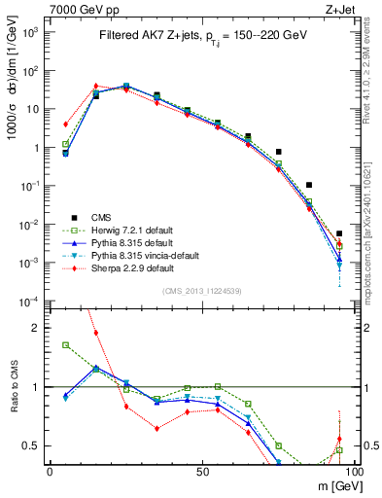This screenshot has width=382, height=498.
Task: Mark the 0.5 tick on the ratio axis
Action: click(x=34, y=445)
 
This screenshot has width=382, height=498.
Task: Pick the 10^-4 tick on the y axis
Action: click(x=29, y=301)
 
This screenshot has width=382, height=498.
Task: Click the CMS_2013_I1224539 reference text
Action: click(x=200, y=290)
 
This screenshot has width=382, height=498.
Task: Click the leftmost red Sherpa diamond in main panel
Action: click(x=65, y=124)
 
